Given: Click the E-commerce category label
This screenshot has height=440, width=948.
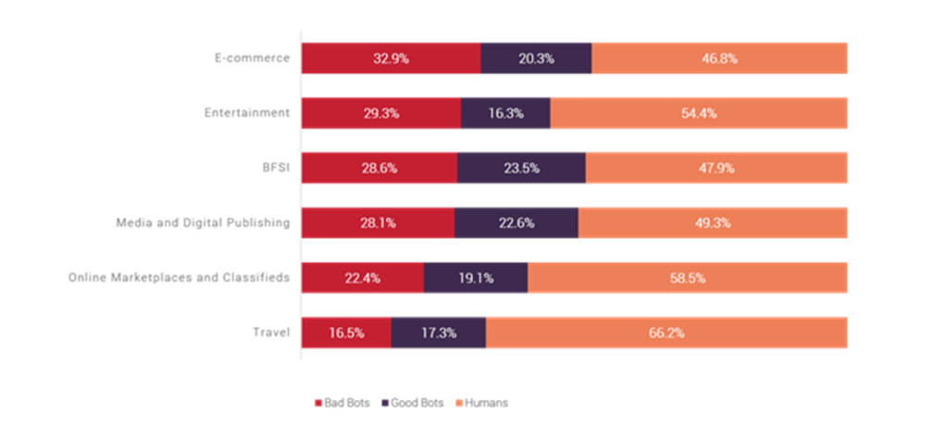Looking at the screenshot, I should pyautogui.click(x=252, y=57).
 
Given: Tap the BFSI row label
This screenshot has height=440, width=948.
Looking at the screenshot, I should pyautogui.click(x=275, y=168).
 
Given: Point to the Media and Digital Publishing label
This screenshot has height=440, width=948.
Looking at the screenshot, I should pyautogui.click(x=203, y=222).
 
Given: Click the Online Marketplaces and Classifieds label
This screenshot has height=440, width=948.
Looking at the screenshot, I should pyautogui.click(x=181, y=277).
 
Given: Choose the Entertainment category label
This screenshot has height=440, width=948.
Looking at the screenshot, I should pyautogui.click(x=247, y=113).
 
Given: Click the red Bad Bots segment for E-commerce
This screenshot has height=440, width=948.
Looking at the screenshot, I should pyautogui.click(x=391, y=57).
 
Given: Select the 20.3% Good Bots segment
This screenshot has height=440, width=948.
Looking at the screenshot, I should pyautogui.click(x=536, y=57).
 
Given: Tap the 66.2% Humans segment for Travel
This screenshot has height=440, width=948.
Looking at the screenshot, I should pyautogui.click(x=666, y=333).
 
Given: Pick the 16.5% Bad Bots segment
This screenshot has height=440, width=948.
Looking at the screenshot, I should pyautogui.click(x=346, y=333).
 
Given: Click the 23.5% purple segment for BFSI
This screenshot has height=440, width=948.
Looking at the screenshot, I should pyautogui.click(x=521, y=168).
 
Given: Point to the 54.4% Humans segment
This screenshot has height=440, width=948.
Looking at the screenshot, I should pyautogui.click(x=698, y=113).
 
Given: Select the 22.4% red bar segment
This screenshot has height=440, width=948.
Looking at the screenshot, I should pyautogui.click(x=362, y=277).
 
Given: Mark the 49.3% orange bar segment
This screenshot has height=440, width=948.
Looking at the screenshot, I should pyautogui.click(x=712, y=222).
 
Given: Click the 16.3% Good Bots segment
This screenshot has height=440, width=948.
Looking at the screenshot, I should pyautogui.click(x=505, y=113).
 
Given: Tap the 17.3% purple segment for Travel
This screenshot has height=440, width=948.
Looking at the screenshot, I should pyautogui.click(x=438, y=333).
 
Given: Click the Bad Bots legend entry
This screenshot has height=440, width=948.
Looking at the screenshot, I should pyautogui.click(x=342, y=403).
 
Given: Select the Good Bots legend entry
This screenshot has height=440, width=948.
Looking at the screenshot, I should pyautogui.click(x=412, y=403).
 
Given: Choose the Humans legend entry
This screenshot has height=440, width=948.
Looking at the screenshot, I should pyautogui.click(x=482, y=403).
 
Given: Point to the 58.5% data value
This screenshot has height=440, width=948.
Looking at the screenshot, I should pyautogui.click(x=687, y=277).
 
